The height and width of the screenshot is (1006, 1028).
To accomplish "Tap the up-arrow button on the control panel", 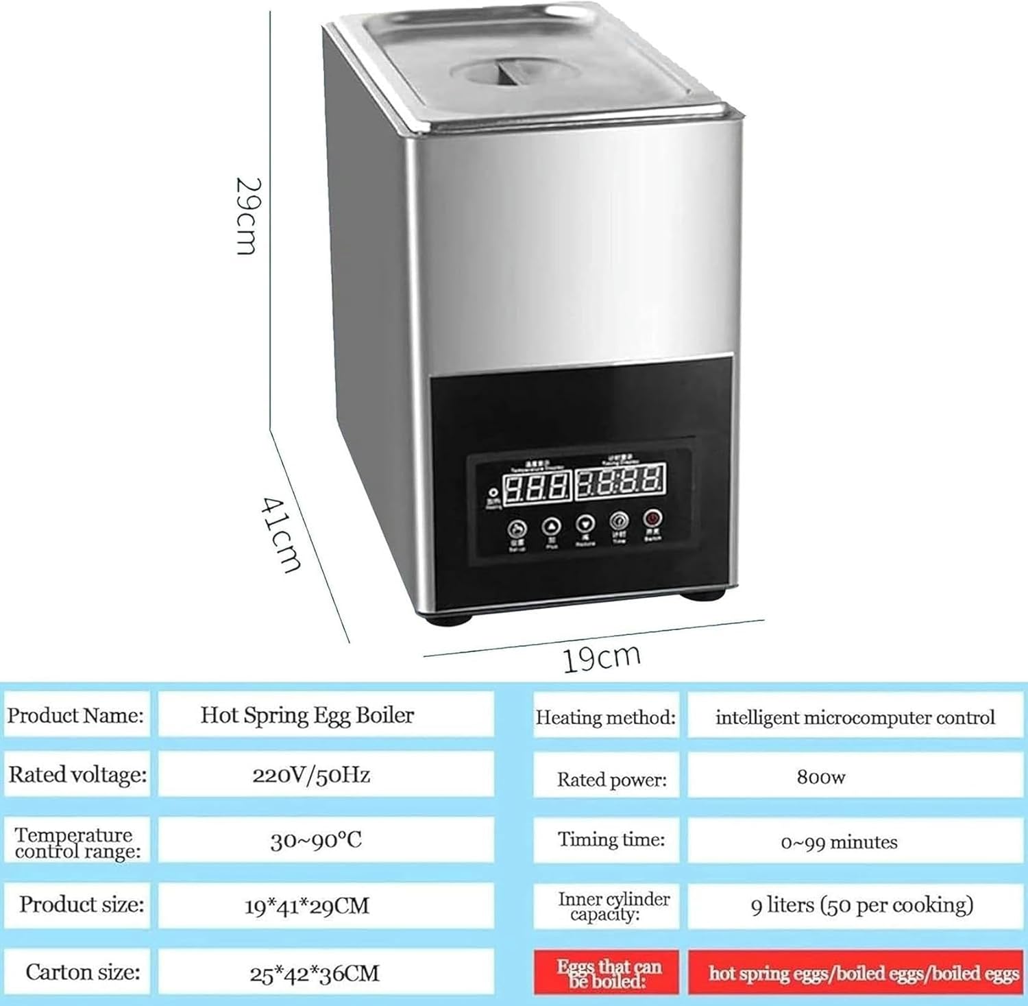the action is tap(552, 527).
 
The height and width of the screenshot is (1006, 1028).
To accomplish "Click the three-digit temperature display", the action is tap(537, 486).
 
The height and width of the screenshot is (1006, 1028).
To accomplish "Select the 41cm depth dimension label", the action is tap(281, 534).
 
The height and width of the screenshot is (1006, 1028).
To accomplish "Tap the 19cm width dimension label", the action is tap(601, 658).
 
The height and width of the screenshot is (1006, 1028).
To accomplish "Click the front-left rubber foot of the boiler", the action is tap(449, 619).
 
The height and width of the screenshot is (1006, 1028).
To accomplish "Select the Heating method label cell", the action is tap(606, 717).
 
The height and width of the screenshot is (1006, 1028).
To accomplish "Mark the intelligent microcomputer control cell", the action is tap(855, 717).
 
